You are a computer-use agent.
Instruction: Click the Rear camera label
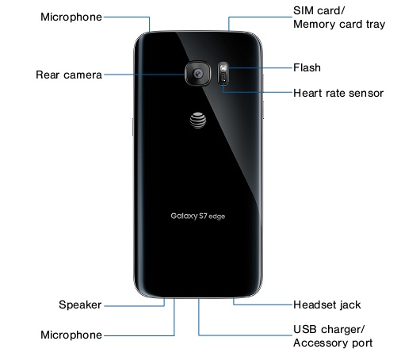(69, 75)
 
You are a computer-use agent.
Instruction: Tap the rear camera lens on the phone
(198, 74)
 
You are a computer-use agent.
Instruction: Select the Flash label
(307, 67)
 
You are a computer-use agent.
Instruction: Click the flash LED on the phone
(223, 68)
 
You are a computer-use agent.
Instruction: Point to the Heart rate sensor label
(338, 93)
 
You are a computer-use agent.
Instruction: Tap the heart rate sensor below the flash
(223, 78)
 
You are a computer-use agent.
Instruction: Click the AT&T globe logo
(198, 121)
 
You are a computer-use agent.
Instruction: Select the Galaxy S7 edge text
(198, 216)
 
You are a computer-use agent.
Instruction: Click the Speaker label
(80, 304)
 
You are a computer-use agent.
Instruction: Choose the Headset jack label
(327, 304)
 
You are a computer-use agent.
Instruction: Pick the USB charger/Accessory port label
(333, 336)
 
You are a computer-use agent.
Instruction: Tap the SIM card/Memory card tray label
(339, 17)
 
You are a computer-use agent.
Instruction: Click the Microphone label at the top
(71, 17)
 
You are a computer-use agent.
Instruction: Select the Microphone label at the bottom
(71, 335)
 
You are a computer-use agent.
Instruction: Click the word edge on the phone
(216, 216)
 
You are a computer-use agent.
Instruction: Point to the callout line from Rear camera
(144, 75)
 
